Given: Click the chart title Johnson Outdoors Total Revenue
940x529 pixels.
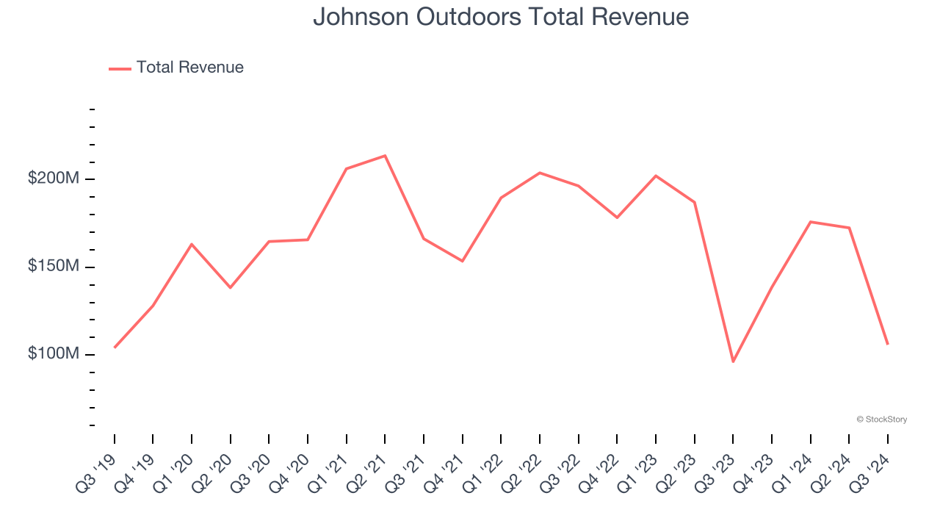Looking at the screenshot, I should coord(501,16).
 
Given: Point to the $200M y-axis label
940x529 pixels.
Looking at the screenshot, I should coord(53,179).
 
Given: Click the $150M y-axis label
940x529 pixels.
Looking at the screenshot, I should coord(53,266).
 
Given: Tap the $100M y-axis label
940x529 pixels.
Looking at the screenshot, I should coord(53,353).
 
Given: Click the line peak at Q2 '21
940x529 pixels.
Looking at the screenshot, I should coord(385,156).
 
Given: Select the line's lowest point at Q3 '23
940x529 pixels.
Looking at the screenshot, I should coord(733,361).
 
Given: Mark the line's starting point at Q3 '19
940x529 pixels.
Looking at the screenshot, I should coord(115,348).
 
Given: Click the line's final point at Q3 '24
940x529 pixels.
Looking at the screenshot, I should coord(887,344).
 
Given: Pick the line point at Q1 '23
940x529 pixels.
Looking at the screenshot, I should coord(656,176).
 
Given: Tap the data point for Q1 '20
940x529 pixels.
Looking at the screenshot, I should coord(192,244).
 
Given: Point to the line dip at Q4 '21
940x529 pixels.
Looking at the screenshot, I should coord(463,261).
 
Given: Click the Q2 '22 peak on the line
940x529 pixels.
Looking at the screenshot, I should coord(540,173).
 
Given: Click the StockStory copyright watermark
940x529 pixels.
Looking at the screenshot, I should coord(881,420).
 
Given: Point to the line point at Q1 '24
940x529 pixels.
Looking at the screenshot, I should coord(810,222).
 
